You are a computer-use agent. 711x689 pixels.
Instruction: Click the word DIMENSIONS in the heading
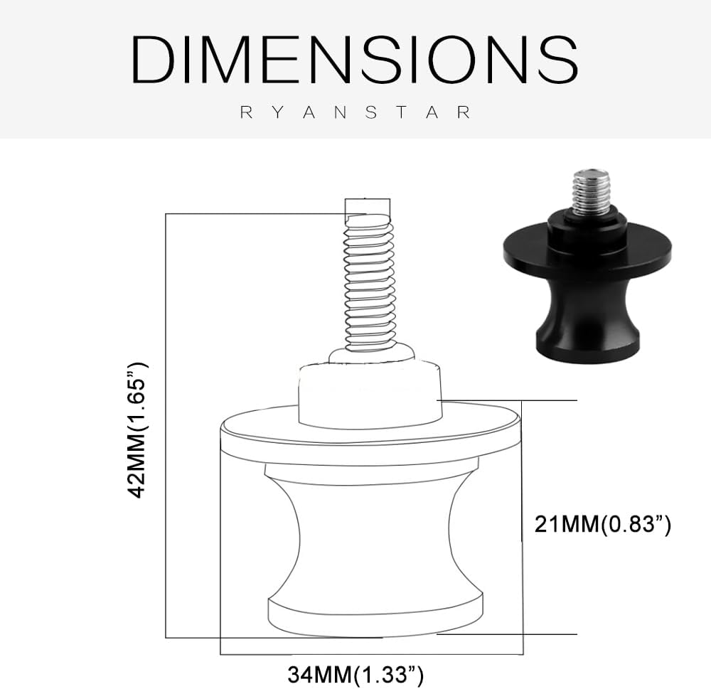point(354,59)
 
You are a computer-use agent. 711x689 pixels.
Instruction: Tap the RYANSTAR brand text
point(355,112)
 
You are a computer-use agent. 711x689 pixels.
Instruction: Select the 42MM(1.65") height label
point(137,429)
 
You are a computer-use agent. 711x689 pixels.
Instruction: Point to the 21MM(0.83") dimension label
point(603,525)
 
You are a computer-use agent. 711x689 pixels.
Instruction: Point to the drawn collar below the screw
point(370,395)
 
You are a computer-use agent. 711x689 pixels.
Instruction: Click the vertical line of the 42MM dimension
point(165,427)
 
